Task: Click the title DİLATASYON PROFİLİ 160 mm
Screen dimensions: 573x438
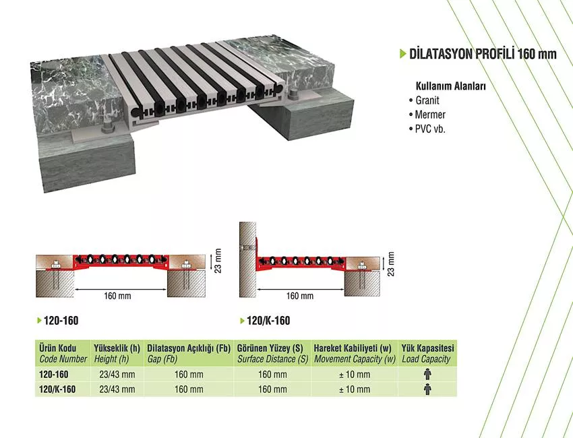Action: [x=483, y=54]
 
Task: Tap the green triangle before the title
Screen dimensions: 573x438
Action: [x=403, y=54]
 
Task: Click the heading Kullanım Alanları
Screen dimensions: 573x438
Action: [x=451, y=86]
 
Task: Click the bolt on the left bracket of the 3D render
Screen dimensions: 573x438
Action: [x=107, y=129]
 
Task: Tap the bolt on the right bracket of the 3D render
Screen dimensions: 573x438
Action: [x=293, y=98]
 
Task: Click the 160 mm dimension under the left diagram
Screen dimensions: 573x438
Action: [x=117, y=296]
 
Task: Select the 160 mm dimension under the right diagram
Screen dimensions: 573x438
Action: [x=300, y=296]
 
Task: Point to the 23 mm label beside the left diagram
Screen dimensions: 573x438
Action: [x=218, y=261]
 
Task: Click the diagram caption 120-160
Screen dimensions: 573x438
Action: [x=61, y=321]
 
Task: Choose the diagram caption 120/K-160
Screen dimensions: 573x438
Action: [x=268, y=321]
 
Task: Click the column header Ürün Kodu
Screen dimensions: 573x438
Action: [x=58, y=348]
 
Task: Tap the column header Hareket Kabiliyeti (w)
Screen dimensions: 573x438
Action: [x=353, y=348]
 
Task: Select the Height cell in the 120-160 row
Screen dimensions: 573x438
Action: [x=117, y=375]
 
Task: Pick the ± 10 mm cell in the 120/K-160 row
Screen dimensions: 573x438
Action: [x=355, y=389]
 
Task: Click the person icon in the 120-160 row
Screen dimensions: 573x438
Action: [x=427, y=375]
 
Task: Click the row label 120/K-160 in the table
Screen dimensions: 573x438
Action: [x=57, y=389]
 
